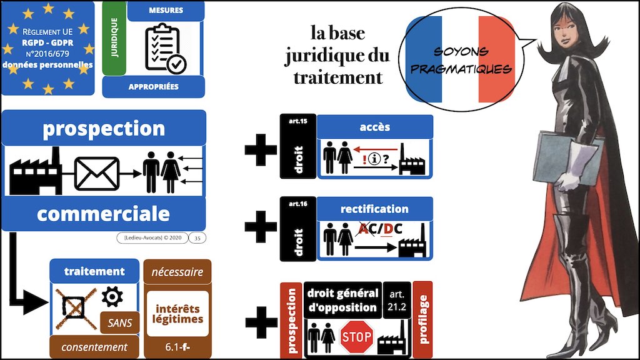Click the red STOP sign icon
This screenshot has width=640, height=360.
coord(356,338)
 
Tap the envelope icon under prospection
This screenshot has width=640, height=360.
coord(96,172)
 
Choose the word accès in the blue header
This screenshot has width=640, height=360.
coord(375,127)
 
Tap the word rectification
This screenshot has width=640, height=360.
coord(375,209)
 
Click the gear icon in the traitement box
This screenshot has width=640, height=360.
coord(111,296)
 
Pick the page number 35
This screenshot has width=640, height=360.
coord(197,237)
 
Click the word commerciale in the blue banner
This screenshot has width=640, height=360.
coord(103,214)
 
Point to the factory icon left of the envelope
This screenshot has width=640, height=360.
coord(36,170)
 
